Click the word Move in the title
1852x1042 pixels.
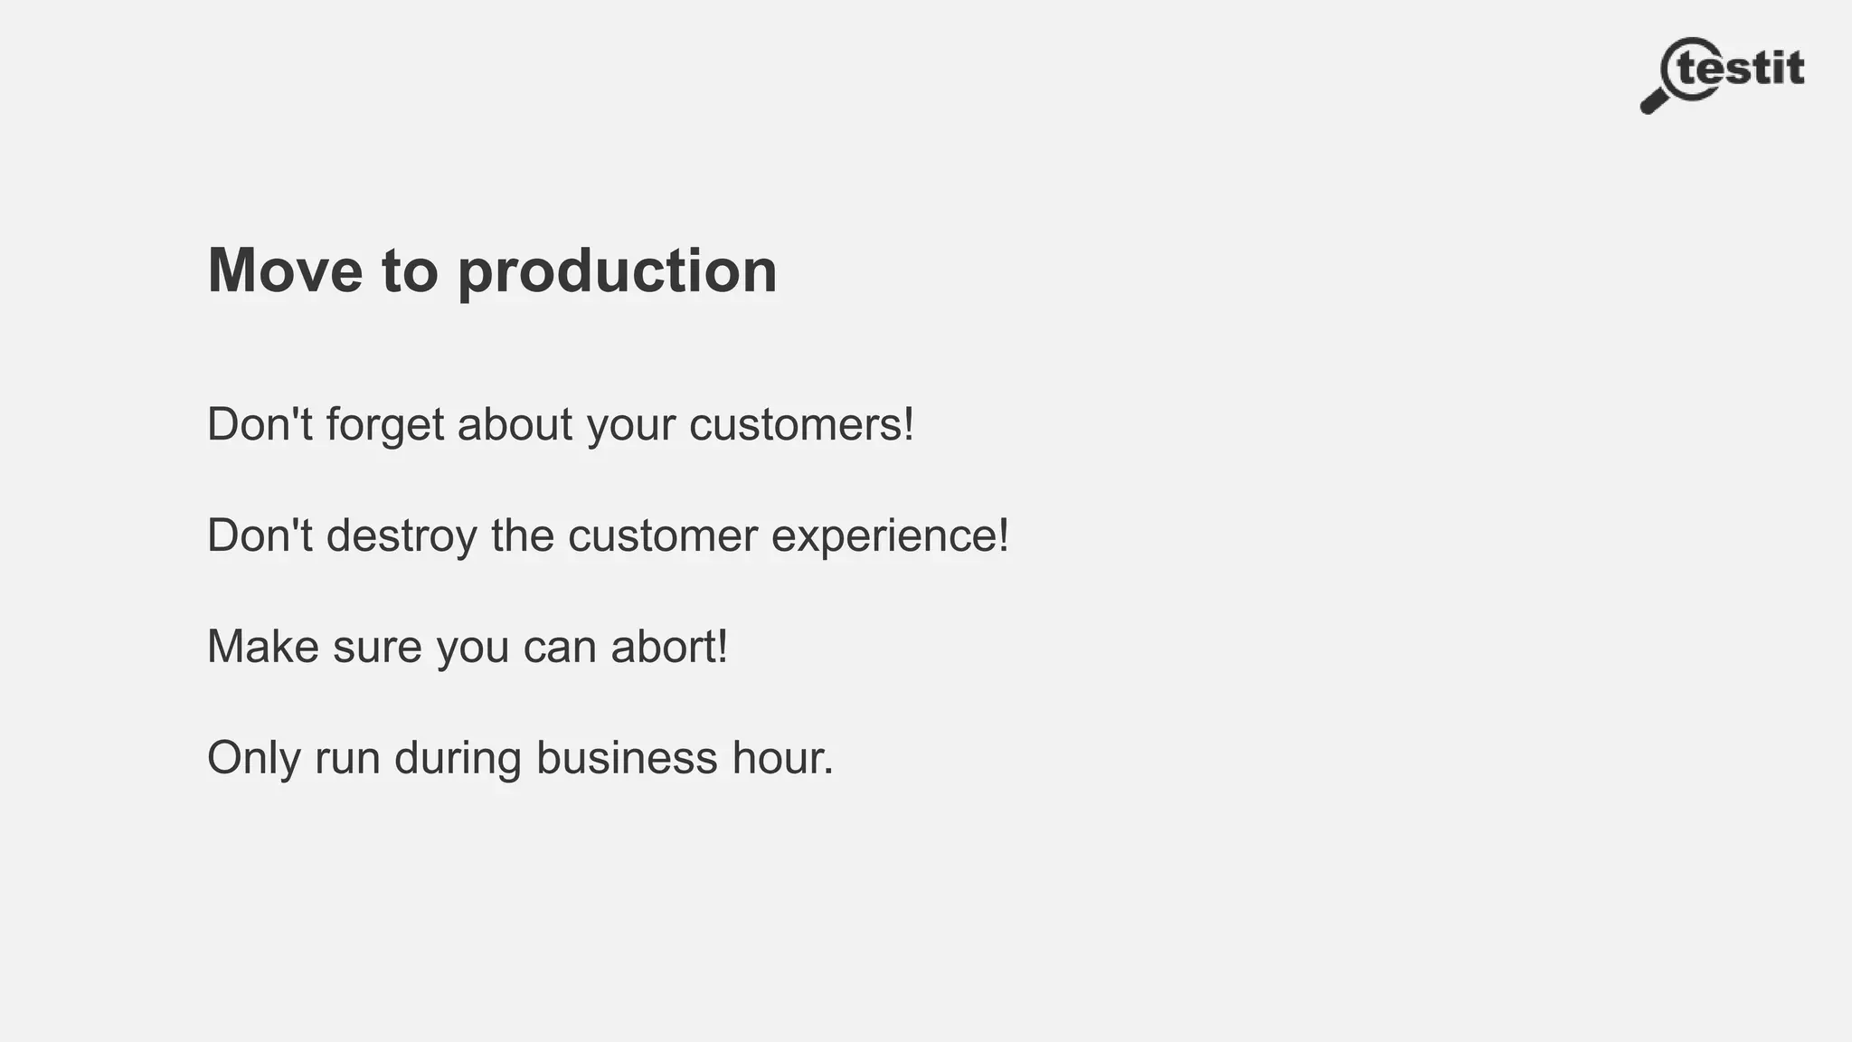click(x=285, y=270)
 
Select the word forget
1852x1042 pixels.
click(x=385, y=425)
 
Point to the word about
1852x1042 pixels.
click(x=515, y=423)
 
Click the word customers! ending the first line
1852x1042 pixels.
click(x=801, y=424)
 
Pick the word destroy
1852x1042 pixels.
click(x=402, y=536)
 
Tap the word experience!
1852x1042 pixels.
click(x=890, y=536)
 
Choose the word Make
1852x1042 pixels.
click(x=263, y=647)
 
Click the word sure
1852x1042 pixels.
click(x=377, y=648)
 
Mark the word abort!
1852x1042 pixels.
click(x=669, y=647)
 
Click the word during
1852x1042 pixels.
click(x=458, y=758)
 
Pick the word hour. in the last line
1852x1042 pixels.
click(x=783, y=758)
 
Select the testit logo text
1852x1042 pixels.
click(x=1742, y=69)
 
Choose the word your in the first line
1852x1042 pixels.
click(x=631, y=425)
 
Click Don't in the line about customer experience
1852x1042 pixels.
click(x=260, y=535)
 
